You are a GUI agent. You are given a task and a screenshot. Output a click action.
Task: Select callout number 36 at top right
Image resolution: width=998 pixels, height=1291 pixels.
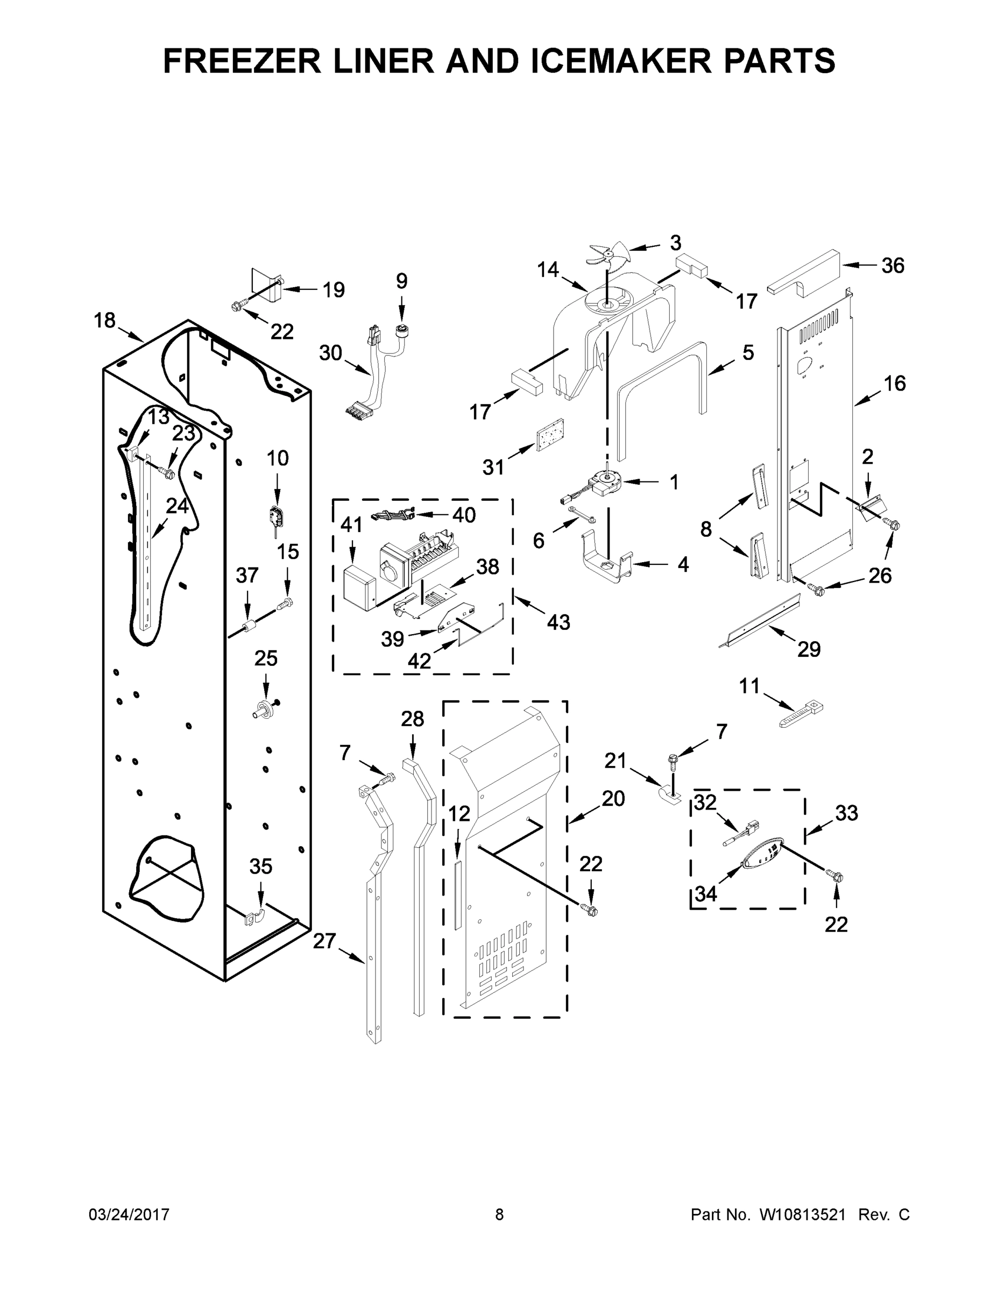pyautogui.click(x=892, y=266)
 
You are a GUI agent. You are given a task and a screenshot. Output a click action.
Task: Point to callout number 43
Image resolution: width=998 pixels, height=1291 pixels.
pyautogui.click(x=557, y=622)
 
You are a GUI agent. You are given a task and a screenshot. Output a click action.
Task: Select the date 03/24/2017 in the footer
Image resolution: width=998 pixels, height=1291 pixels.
pyautogui.click(x=129, y=1214)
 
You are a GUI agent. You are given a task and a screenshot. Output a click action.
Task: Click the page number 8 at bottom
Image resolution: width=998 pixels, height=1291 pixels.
pyautogui.click(x=499, y=1214)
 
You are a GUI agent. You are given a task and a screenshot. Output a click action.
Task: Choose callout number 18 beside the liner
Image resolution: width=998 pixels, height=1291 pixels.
pyautogui.click(x=105, y=321)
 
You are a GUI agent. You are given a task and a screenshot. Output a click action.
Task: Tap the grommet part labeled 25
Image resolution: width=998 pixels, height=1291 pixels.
pyautogui.click(x=264, y=709)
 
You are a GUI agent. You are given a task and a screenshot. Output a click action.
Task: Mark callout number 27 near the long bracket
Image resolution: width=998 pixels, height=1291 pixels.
pyautogui.click(x=324, y=940)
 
